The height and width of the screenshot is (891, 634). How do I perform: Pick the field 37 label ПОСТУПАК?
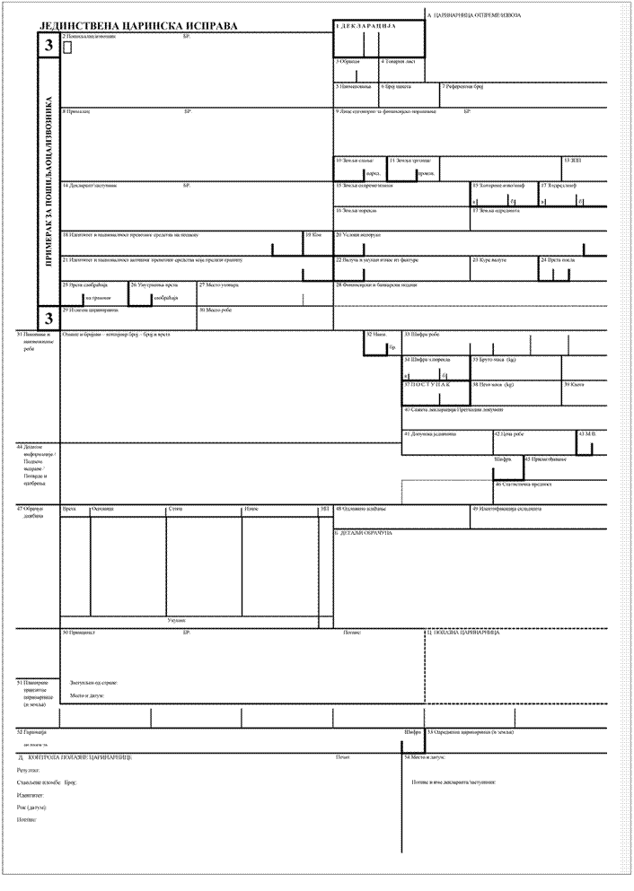coord(426,384)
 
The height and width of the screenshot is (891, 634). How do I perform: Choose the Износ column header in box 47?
coord(251,509)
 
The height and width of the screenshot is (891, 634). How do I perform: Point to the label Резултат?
coord(27,770)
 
